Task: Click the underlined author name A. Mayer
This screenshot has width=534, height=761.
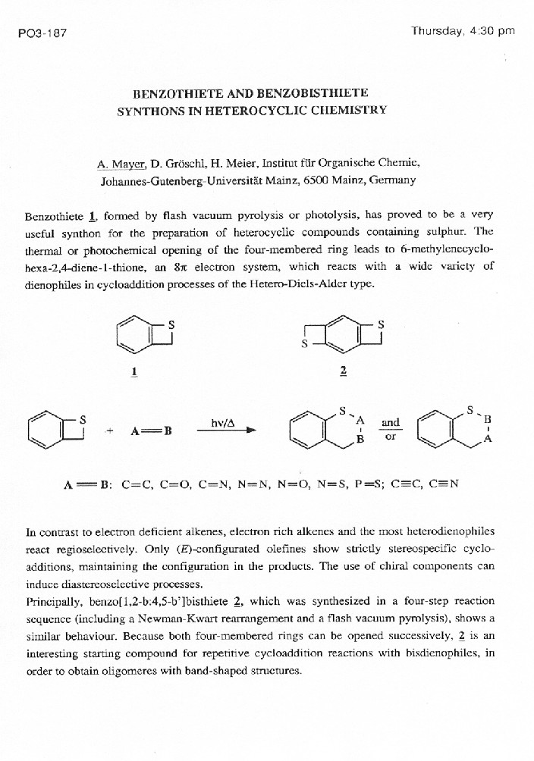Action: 120,164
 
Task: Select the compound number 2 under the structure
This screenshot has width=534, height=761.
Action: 343,372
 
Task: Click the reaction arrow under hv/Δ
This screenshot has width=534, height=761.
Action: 225,430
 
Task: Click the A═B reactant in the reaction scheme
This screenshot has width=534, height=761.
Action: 152,431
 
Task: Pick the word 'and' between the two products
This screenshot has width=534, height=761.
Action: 391,422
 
